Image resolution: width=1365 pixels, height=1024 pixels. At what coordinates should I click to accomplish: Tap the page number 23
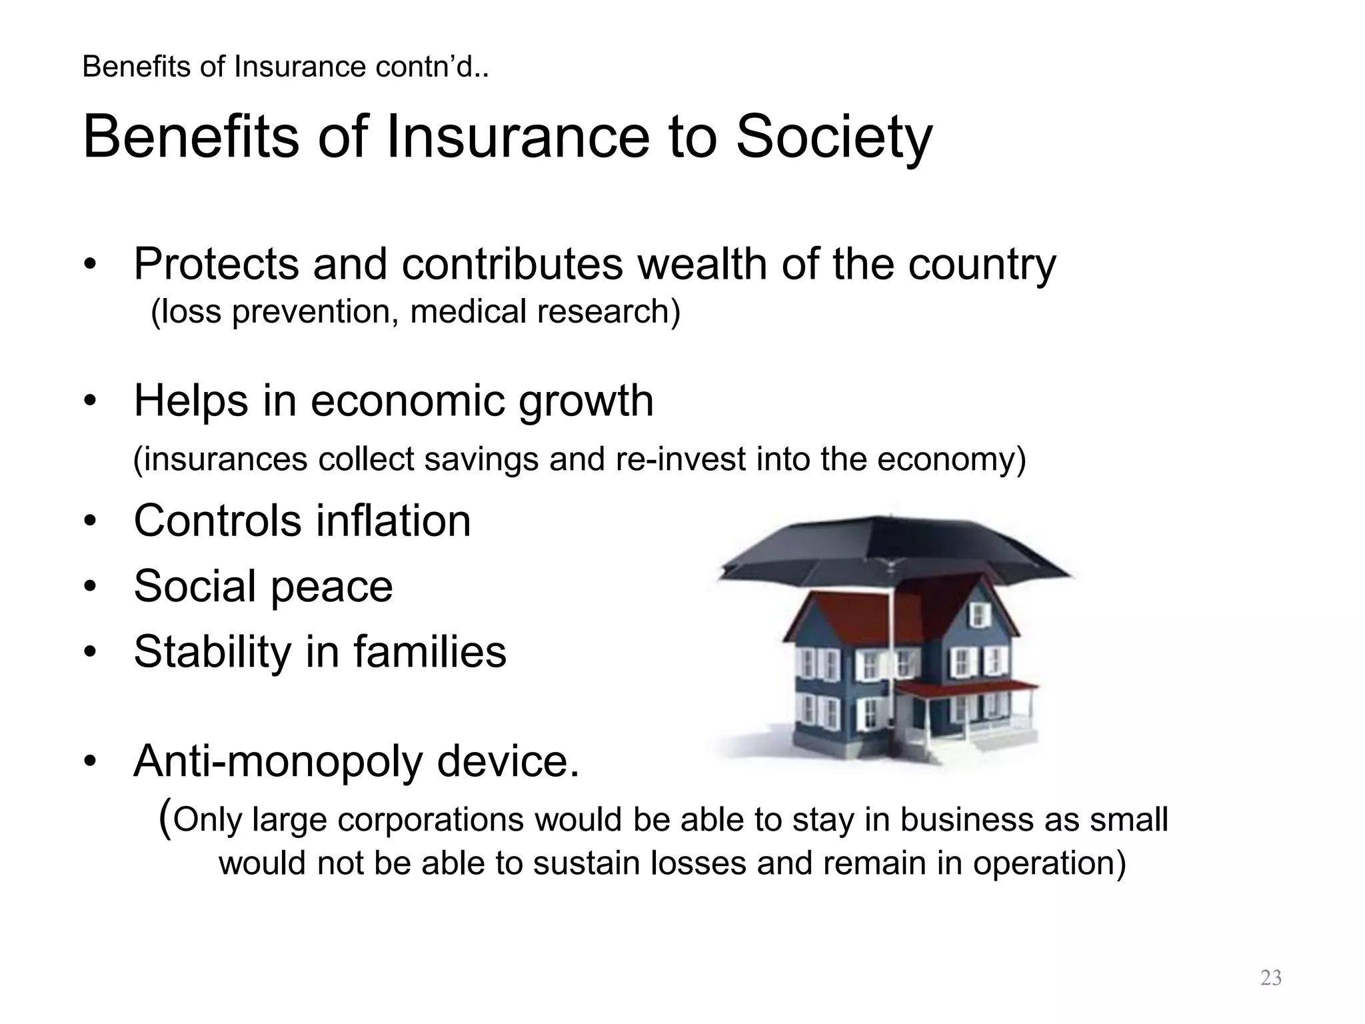point(1271,978)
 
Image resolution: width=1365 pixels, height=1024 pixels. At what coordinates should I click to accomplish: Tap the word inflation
point(393,521)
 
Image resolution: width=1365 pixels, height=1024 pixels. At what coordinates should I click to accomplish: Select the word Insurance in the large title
point(517,138)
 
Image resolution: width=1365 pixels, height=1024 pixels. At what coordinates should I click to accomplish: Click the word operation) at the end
point(1049,863)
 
